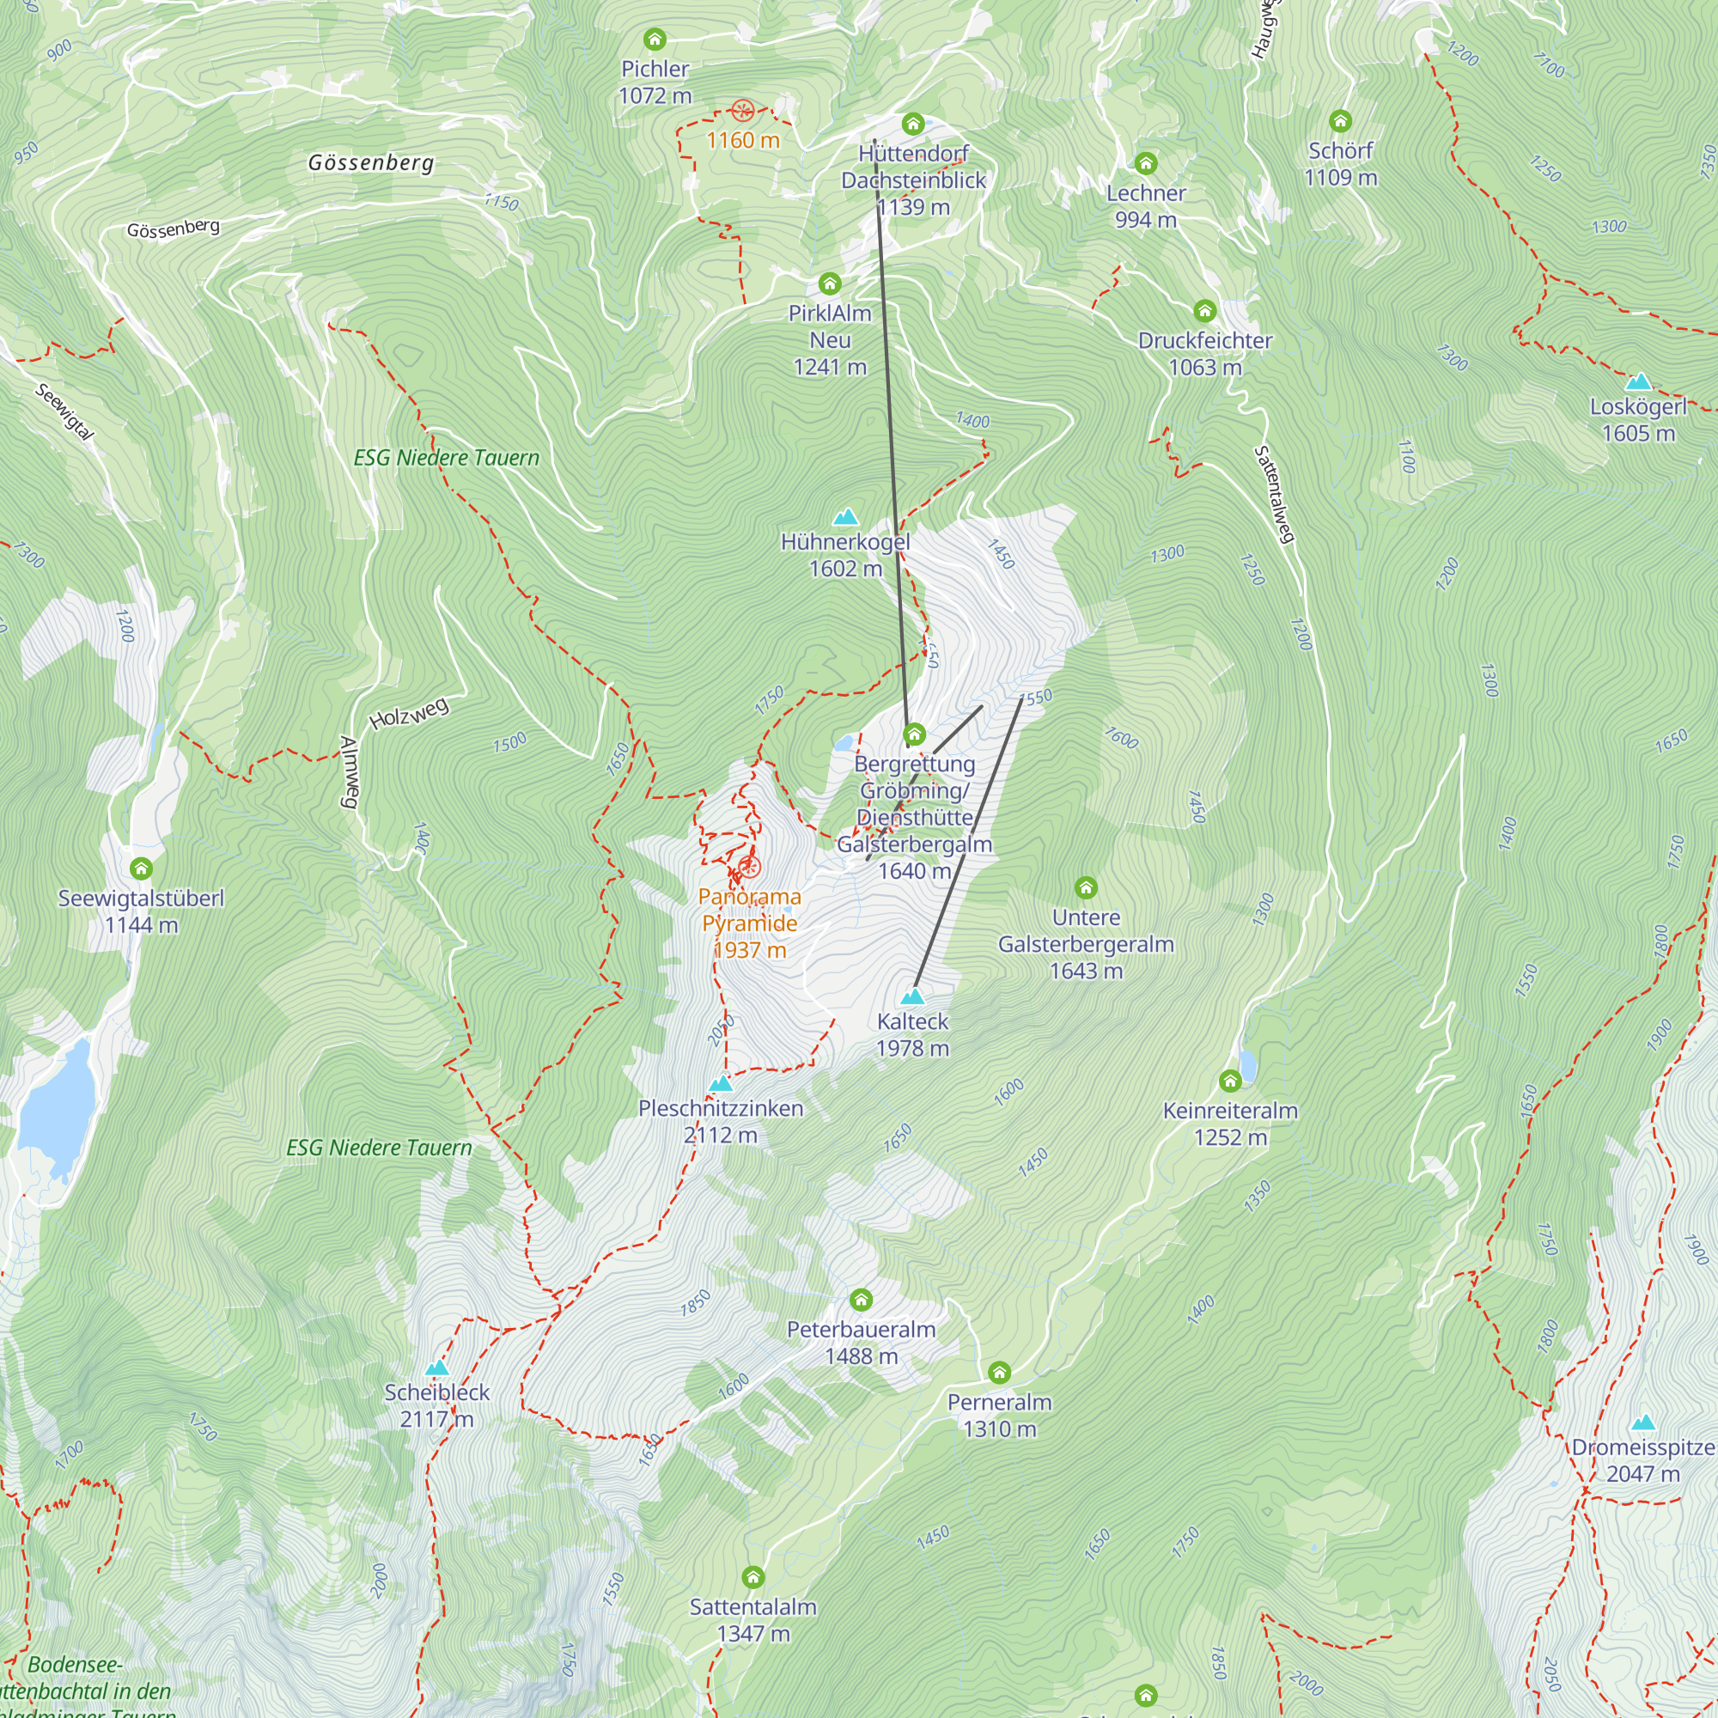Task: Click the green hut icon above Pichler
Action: coord(655,40)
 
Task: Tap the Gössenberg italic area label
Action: coord(371,162)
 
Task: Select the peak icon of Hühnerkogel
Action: coord(844,516)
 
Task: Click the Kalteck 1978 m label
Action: coord(912,1034)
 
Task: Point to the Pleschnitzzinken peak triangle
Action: coord(721,1084)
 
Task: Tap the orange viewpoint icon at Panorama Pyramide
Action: coord(750,867)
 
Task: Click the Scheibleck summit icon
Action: coord(436,1368)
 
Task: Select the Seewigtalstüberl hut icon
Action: coord(141,868)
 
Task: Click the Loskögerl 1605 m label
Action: coord(1638,420)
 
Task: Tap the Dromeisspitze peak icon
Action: coord(1643,1423)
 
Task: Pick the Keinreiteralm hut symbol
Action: coord(1230,1081)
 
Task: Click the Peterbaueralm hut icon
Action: coord(861,1300)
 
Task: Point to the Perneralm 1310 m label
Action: coord(1000,1415)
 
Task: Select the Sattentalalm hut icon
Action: coord(753,1577)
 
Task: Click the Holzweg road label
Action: coord(409,713)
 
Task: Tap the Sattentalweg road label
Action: coord(1273,495)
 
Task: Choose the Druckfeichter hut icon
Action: coord(1205,310)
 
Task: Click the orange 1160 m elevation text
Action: coord(742,141)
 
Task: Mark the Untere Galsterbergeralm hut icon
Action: coord(1086,887)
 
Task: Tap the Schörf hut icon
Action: coord(1340,121)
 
